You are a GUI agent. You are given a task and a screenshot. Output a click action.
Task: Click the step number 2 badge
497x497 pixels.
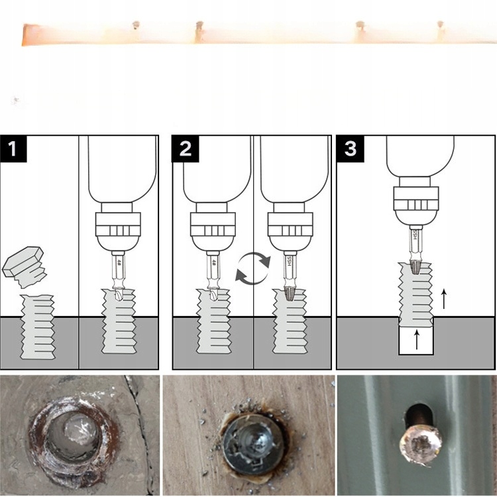(186, 149)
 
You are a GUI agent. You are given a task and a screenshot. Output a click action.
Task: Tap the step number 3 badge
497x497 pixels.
(350, 149)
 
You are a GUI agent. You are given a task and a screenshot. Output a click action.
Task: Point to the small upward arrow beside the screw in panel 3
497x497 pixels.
(443, 299)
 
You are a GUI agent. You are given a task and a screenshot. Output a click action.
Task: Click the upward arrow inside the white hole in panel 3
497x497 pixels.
(416, 339)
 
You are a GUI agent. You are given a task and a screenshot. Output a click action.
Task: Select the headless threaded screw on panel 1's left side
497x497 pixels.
(37, 327)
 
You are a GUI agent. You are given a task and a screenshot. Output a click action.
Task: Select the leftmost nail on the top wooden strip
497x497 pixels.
(136, 26)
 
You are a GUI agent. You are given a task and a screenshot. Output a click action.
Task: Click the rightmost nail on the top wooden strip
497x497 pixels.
(439, 27)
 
